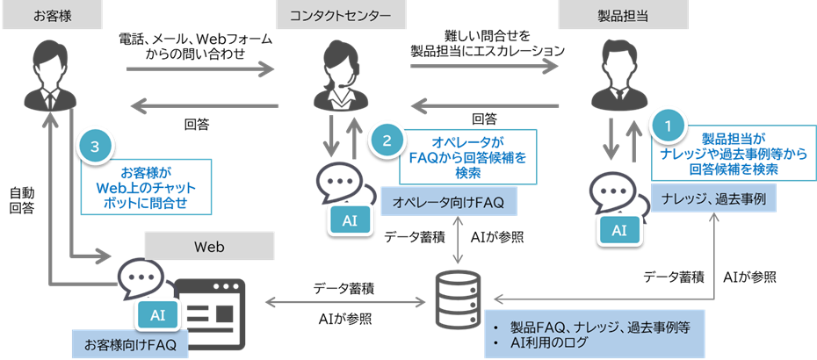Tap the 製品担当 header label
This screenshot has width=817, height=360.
(624, 16)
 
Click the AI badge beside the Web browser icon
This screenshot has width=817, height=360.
(157, 313)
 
